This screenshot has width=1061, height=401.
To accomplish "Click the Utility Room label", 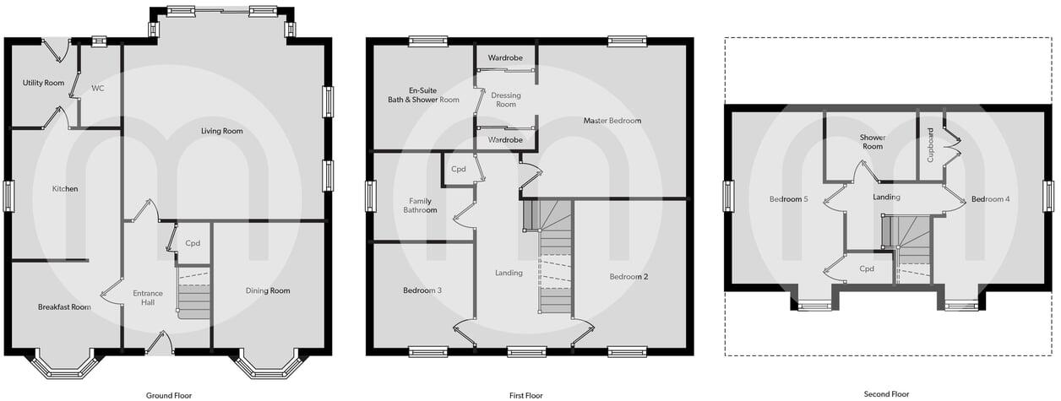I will click(43, 83).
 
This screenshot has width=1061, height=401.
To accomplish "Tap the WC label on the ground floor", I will click(97, 88).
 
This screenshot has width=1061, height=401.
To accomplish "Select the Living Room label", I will click(222, 131).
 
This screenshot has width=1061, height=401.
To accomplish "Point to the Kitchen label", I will click(65, 188).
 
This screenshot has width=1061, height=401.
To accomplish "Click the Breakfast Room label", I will click(64, 306).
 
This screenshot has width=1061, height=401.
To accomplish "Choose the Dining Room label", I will click(268, 290).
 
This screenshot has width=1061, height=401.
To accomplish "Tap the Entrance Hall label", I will click(147, 298).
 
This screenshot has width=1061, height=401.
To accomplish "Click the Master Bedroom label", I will click(612, 121).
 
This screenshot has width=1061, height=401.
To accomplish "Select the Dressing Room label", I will click(505, 100).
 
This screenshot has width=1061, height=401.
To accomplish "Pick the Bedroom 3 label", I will click(422, 290).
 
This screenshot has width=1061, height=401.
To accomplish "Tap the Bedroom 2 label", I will click(628, 276).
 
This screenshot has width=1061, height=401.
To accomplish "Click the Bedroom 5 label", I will click(789, 199).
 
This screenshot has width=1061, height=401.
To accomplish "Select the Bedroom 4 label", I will click(990, 199).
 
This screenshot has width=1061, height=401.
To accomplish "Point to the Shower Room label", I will click(872, 142).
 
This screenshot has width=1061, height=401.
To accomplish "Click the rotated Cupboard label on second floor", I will click(931, 144).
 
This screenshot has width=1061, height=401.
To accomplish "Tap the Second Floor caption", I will click(886, 393).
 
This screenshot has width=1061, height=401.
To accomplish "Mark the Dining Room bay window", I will click(268, 365).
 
